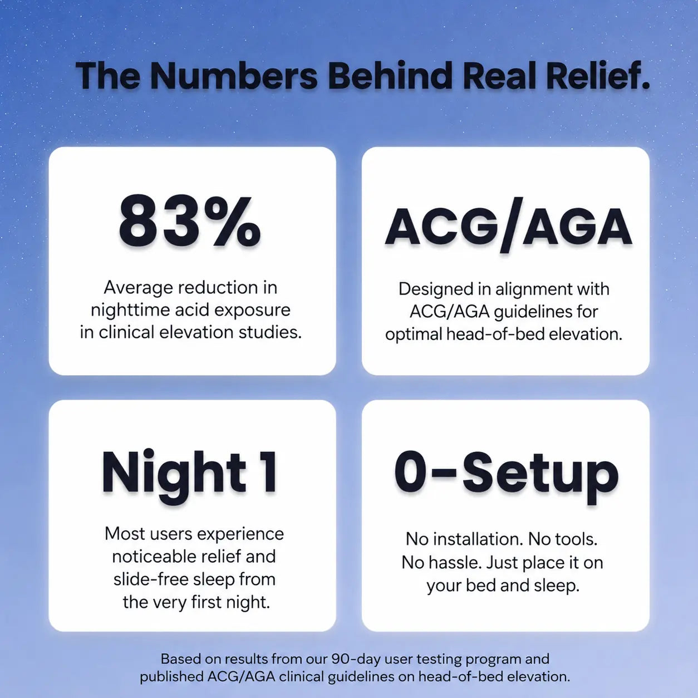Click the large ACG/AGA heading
click(509, 227)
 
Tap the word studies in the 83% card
click(270, 332)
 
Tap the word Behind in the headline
click(390, 76)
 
